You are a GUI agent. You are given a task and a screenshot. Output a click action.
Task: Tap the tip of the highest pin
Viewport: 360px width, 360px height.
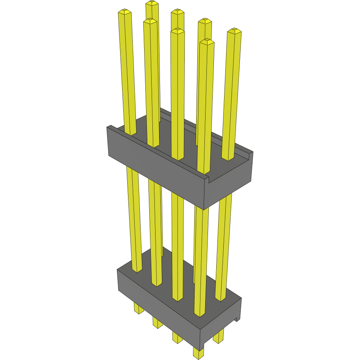coord(152,3)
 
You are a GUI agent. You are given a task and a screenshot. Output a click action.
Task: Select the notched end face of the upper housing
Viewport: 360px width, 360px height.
coord(228,181)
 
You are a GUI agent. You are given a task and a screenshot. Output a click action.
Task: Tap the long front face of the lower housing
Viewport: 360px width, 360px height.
coord(158,303)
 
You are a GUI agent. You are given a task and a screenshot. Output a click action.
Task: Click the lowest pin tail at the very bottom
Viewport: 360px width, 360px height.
coord(199,353)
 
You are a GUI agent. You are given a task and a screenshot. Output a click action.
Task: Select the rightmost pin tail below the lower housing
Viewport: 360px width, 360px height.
coord(219,337)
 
